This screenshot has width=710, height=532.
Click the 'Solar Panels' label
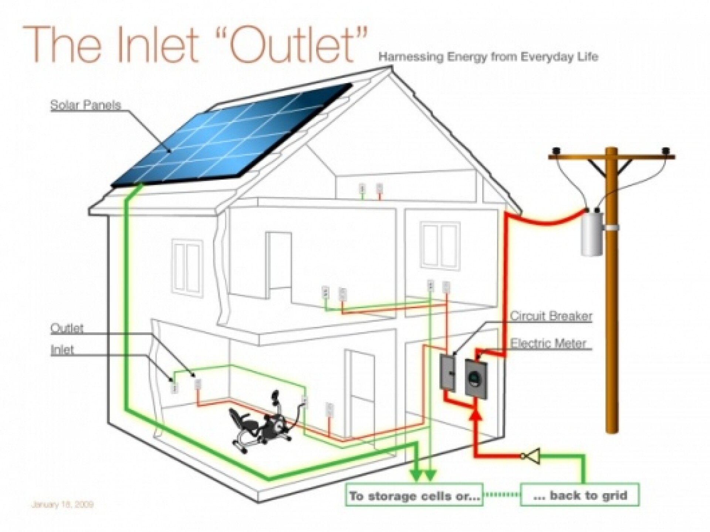click(85, 105)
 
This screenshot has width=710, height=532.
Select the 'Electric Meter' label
click(548, 343)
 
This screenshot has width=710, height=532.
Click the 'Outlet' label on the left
click(67, 328)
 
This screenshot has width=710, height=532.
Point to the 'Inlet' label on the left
click(62, 350)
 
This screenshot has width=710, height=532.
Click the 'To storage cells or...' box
click(414, 495)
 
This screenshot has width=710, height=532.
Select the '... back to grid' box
click(579, 495)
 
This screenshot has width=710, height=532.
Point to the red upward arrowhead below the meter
click(477, 415)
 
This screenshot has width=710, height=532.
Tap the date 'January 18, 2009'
click(62, 504)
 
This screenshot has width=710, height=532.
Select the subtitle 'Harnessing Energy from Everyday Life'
click(488, 57)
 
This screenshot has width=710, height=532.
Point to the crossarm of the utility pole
click(612, 157)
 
